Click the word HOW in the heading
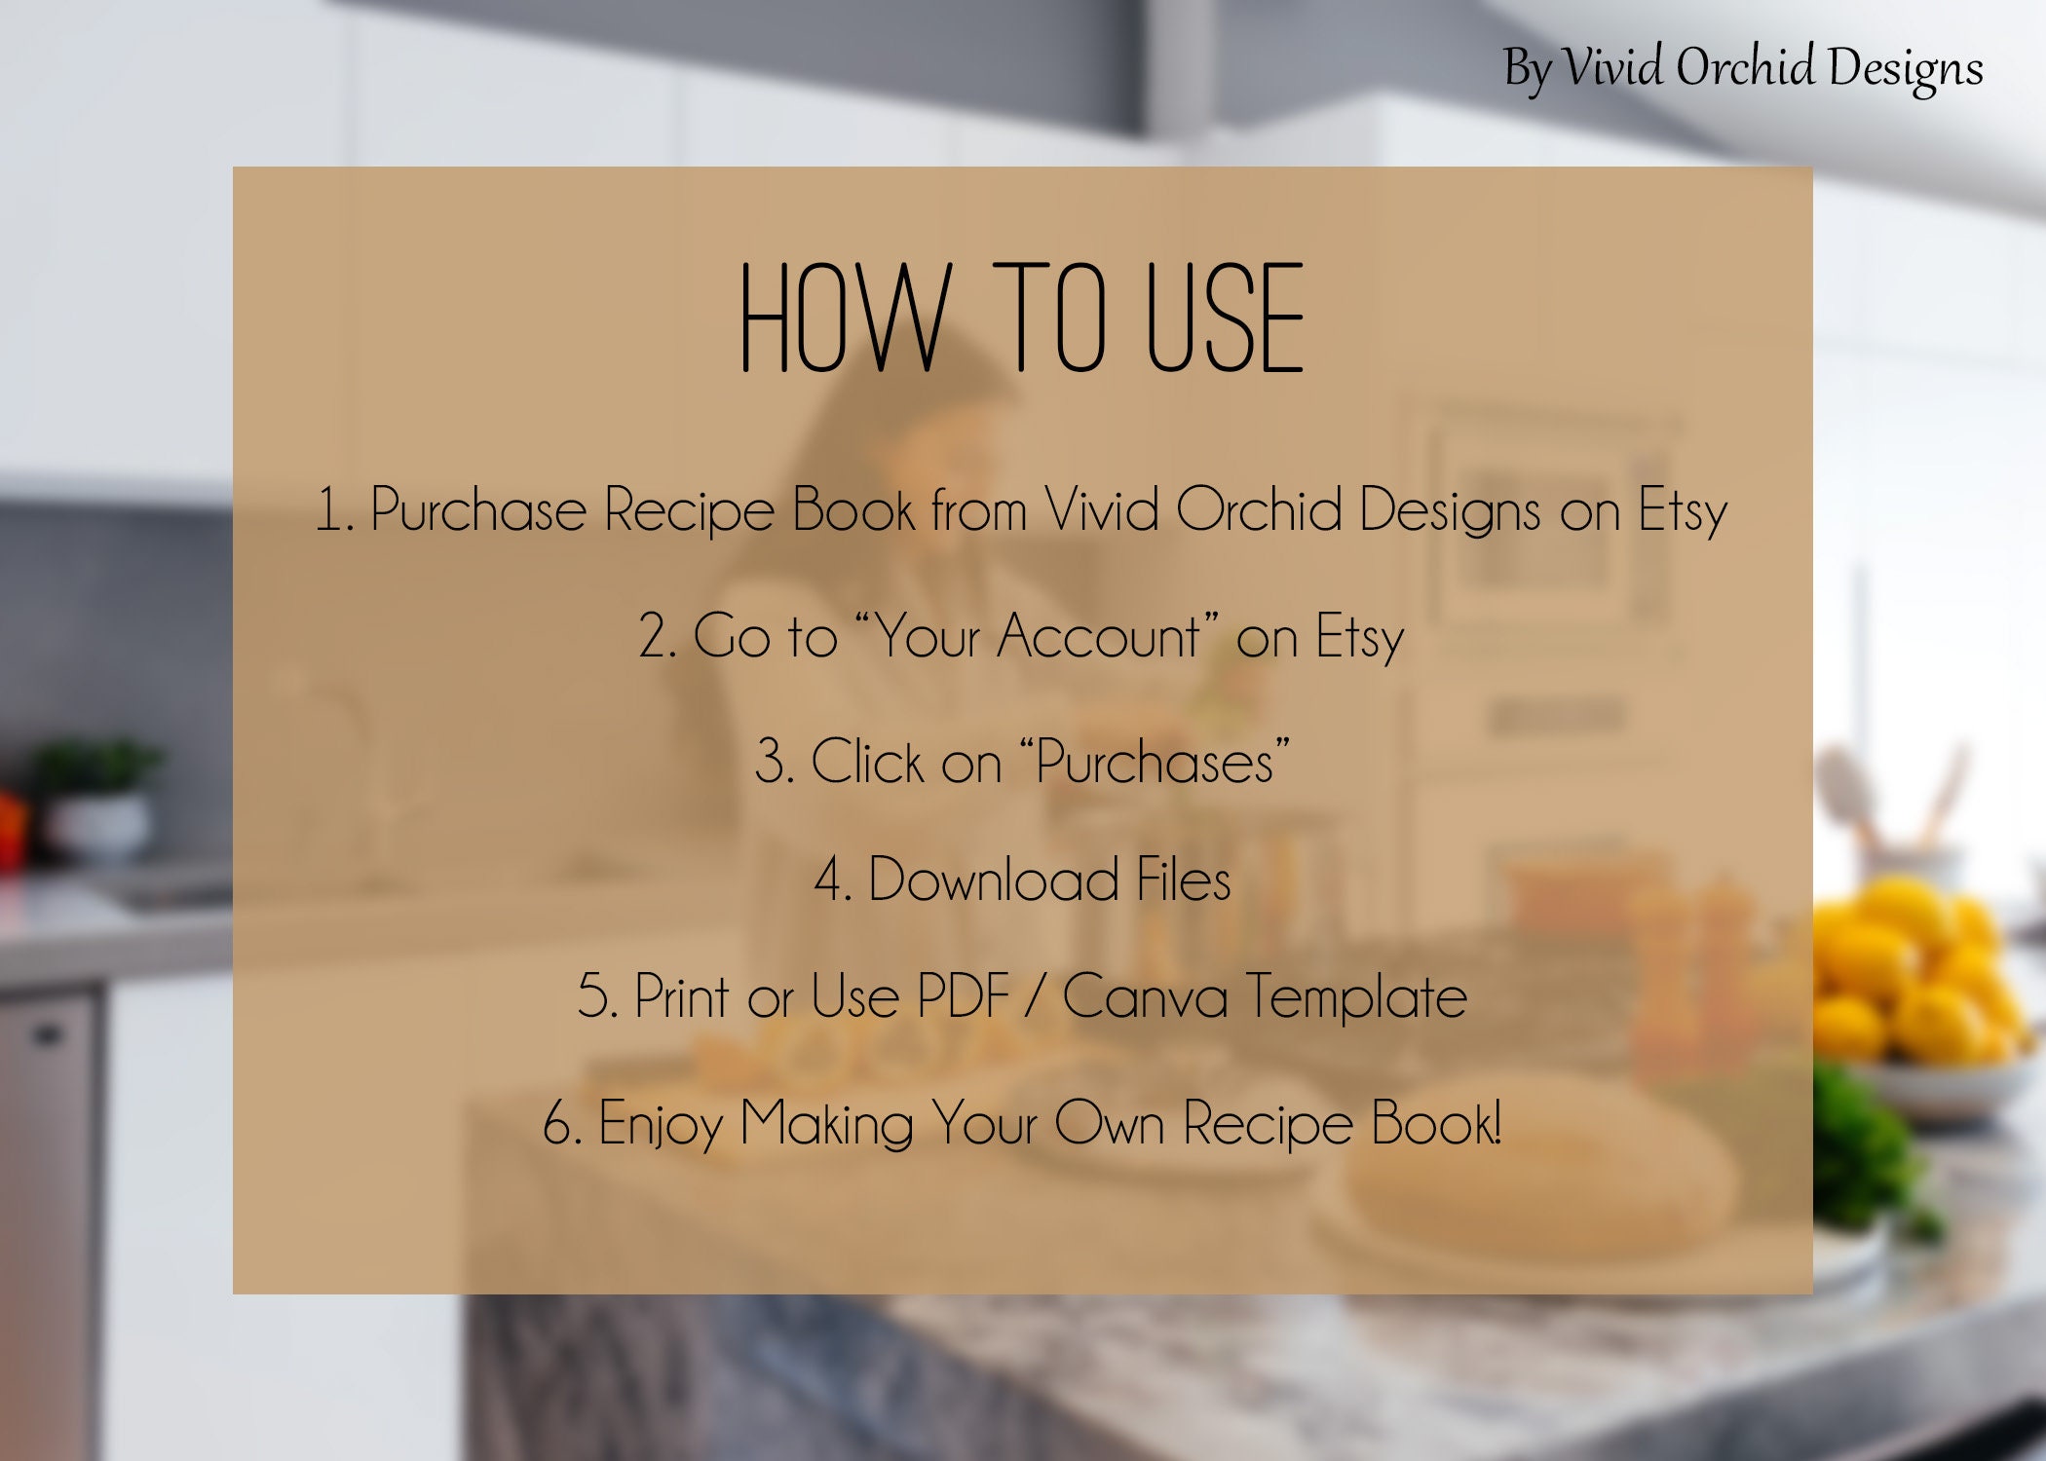(844, 318)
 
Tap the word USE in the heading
(1225, 318)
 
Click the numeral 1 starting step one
(329, 510)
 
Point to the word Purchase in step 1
(478, 510)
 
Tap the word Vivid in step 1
(1101, 508)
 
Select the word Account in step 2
(1098, 637)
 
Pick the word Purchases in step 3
(1156, 762)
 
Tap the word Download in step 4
(993, 880)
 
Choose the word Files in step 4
(1183, 880)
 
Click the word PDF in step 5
(964, 996)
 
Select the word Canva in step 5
(1145, 997)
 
